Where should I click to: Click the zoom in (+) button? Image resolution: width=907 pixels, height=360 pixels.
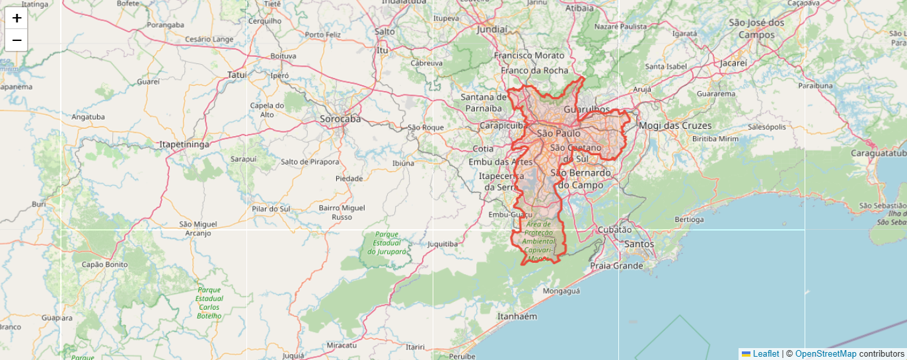17,18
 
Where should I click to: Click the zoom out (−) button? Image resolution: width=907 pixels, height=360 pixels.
17,40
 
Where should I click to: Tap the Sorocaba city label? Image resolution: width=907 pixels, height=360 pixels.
340,119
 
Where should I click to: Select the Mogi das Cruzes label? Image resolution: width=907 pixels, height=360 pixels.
675,126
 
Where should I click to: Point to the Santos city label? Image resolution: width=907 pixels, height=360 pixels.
639,244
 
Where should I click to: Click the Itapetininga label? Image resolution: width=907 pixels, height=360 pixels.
184,143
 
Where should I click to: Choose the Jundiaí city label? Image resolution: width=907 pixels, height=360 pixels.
492,30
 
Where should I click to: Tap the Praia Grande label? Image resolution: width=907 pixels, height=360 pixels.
616,266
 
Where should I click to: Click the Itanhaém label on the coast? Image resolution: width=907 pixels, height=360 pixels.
517,316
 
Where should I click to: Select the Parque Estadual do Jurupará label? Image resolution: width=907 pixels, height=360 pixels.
387,242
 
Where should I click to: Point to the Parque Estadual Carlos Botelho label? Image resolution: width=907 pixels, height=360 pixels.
209,303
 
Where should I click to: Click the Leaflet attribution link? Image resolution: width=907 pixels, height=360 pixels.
766,354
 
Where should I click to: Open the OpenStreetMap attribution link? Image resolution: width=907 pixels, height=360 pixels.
825,354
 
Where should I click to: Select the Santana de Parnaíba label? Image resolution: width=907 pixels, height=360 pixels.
484,102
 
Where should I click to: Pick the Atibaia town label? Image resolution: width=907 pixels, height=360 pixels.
580,9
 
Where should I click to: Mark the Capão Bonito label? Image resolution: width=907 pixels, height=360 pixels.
104,264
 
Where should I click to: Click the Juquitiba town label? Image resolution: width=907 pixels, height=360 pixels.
443,244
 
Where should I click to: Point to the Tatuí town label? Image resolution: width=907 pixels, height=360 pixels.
236,75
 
